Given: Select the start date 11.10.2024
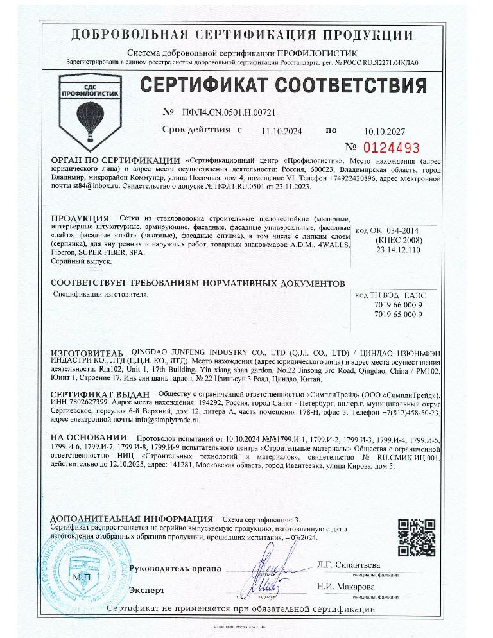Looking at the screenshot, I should click(281, 131).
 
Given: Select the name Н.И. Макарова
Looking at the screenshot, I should click(345, 587).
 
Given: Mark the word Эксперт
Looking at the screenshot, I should click(146, 590).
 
